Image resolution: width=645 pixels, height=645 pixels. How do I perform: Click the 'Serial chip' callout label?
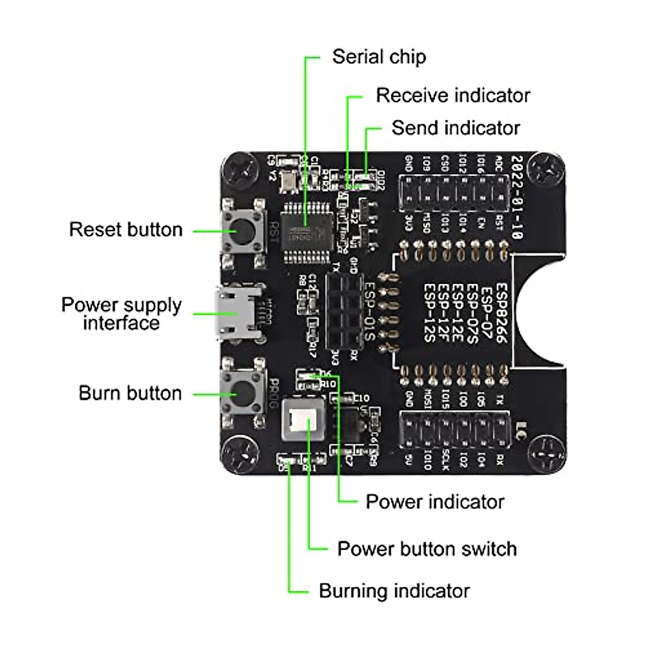(379, 56)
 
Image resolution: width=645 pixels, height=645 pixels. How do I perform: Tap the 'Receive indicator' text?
(453, 95)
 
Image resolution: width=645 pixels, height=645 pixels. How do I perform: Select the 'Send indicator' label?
(455, 128)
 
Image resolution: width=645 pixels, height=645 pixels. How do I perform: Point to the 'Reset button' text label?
(126, 230)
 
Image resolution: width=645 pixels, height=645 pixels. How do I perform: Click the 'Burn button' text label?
(130, 393)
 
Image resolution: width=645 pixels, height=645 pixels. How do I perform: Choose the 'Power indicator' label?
(435, 501)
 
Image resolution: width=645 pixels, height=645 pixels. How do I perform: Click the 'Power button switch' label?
(427, 549)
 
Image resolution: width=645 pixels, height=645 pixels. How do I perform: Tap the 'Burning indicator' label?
(394, 591)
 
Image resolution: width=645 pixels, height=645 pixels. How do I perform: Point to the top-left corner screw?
(241, 172)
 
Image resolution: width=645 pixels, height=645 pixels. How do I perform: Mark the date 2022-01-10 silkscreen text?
(517, 197)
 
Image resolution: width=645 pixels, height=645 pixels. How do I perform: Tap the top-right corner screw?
(547, 171)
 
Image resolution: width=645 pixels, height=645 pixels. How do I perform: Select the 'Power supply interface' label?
(121, 313)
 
